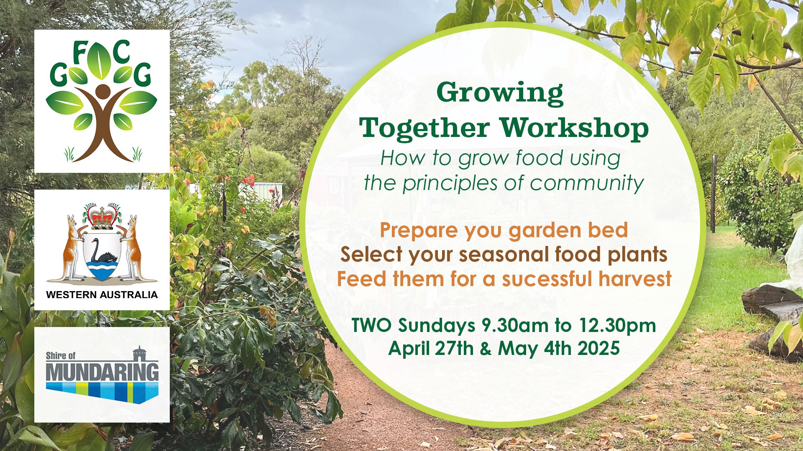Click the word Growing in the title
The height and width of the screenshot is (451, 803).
click(x=500, y=94)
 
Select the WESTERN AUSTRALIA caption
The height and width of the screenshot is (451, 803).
click(x=102, y=295)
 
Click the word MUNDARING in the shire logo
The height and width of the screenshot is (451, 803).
click(x=102, y=372)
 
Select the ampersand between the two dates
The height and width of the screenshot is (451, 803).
click(x=485, y=349)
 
